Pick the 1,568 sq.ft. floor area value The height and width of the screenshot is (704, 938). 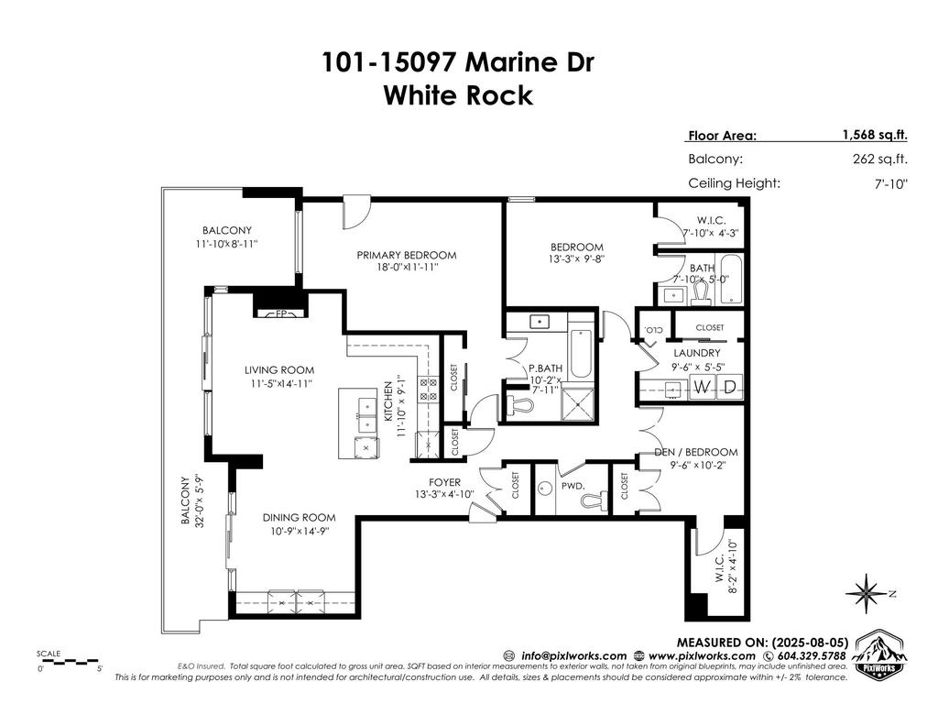pos(875,135)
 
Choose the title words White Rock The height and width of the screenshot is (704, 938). pos(457,94)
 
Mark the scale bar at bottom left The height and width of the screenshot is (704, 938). pos(69,661)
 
